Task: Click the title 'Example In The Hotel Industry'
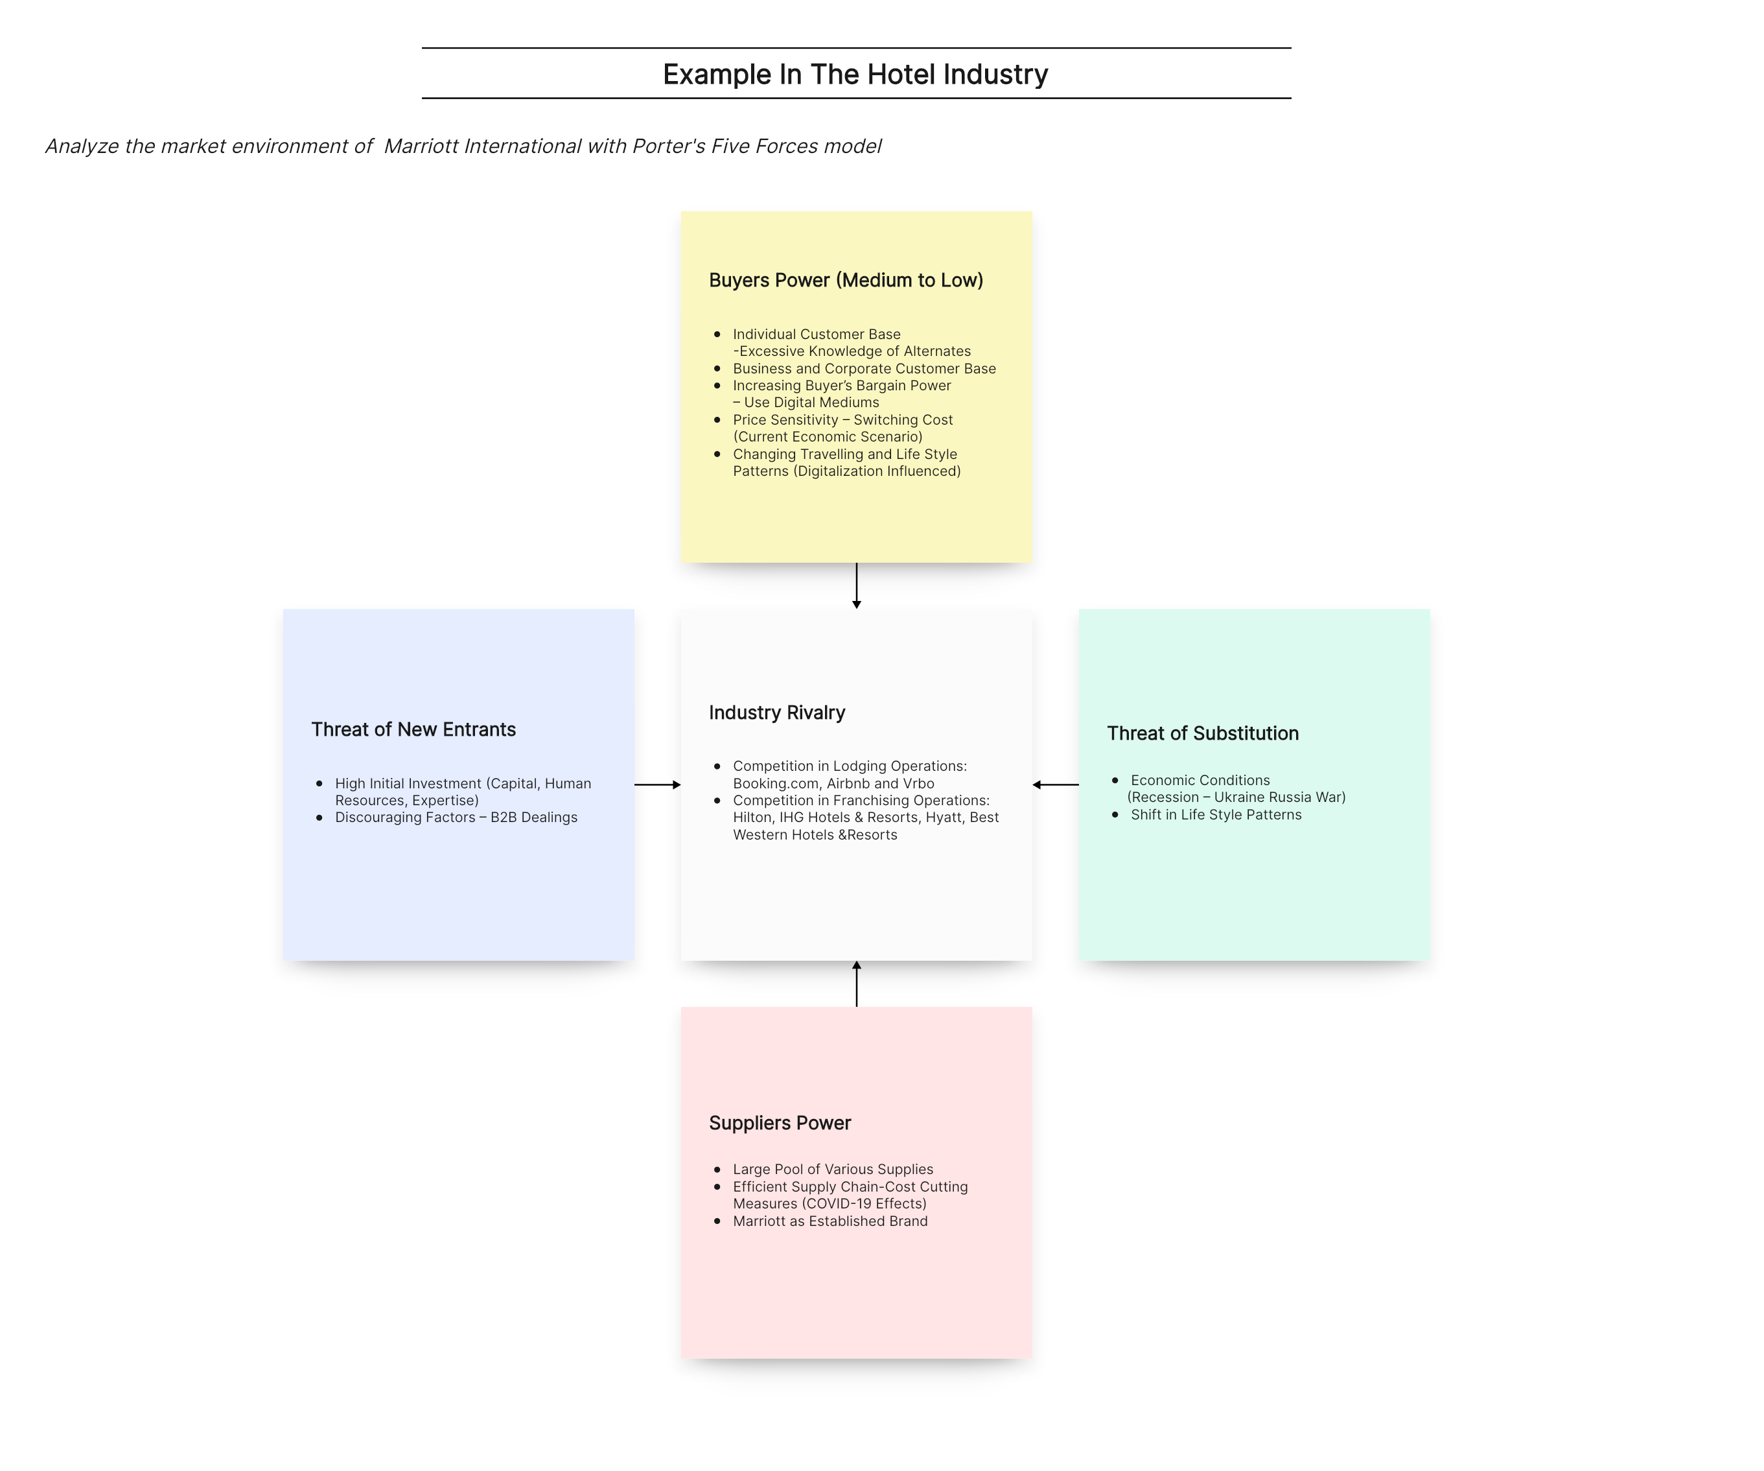click(855, 74)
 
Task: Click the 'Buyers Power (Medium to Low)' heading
click(846, 280)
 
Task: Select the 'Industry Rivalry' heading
click(777, 712)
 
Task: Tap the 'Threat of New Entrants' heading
click(413, 729)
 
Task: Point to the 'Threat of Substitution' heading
click(1203, 733)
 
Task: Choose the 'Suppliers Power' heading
click(780, 1124)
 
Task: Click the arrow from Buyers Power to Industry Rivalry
click(857, 585)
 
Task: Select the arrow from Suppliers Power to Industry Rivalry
click(857, 983)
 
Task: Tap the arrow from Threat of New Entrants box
click(658, 784)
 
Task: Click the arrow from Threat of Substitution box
click(1056, 784)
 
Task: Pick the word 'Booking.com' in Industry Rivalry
click(776, 784)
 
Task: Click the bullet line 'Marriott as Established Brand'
click(830, 1221)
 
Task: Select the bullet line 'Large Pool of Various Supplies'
click(833, 1170)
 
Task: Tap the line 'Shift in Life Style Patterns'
click(1216, 815)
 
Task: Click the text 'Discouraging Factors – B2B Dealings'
click(456, 818)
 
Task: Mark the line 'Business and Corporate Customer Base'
click(865, 369)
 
